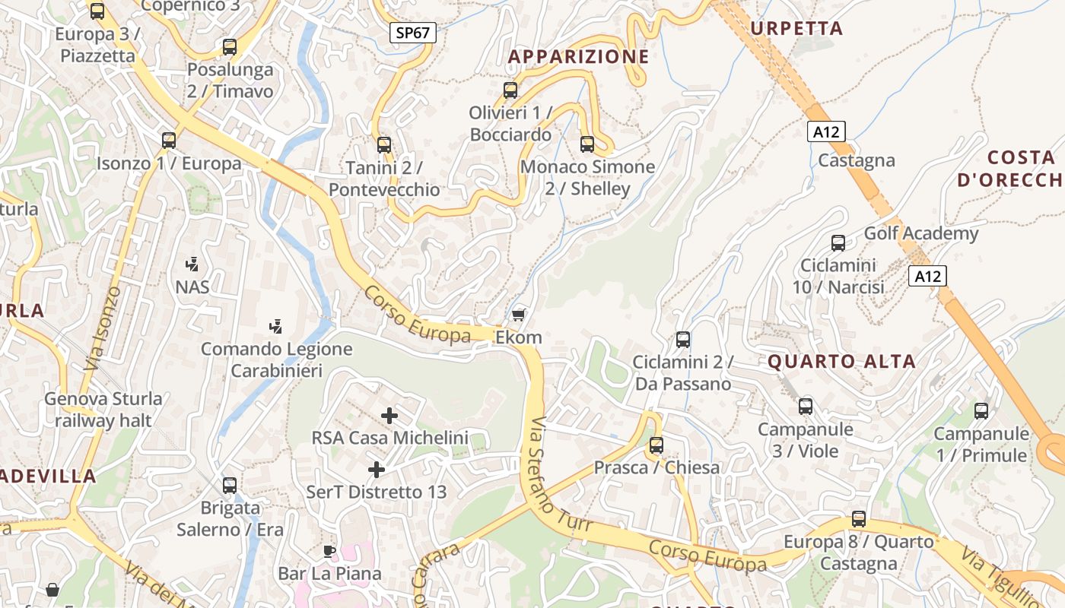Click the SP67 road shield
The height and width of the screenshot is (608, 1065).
413,33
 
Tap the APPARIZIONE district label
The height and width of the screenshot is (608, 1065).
578,56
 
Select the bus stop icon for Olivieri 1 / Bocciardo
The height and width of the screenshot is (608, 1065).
510,90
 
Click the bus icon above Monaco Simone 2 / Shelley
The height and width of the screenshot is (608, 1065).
587,144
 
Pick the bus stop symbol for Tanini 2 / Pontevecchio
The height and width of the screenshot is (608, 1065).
384,144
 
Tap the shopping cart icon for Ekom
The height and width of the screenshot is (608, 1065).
519,314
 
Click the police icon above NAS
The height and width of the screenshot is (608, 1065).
192,264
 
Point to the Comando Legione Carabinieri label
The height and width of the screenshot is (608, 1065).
277,360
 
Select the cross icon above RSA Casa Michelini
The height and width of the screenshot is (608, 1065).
389,415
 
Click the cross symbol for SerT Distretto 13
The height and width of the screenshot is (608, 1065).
376,470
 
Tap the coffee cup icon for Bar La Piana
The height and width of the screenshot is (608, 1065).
329,551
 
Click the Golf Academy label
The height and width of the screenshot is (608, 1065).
920,233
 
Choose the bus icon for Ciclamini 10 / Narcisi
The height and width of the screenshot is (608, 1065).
838,243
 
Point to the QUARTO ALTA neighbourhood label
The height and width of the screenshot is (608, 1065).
841,362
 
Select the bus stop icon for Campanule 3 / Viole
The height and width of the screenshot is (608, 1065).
806,407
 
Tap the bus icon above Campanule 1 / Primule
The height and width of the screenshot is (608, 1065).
981,411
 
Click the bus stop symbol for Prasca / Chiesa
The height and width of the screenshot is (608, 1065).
656,445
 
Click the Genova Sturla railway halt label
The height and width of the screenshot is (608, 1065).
103,410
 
